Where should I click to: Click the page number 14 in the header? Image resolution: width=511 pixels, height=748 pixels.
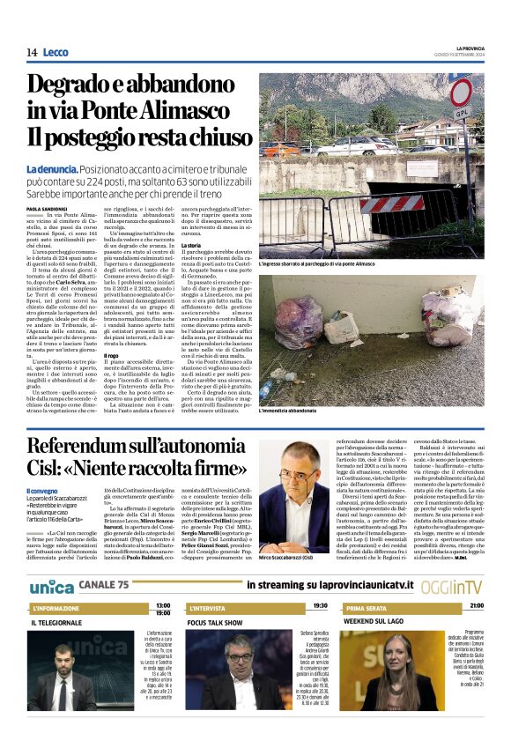(x=32, y=53)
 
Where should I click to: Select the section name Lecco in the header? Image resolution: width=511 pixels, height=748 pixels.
(x=55, y=53)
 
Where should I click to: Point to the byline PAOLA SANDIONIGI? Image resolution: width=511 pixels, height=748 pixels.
(x=48, y=208)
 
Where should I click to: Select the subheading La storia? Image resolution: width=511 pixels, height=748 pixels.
(x=191, y=243)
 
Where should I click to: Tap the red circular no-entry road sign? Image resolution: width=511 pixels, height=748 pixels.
(x=461, y=93)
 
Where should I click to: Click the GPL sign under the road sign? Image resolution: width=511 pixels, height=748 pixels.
(x=460, y=114)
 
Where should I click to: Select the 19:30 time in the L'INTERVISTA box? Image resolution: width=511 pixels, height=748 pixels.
(x=320, y=605)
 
